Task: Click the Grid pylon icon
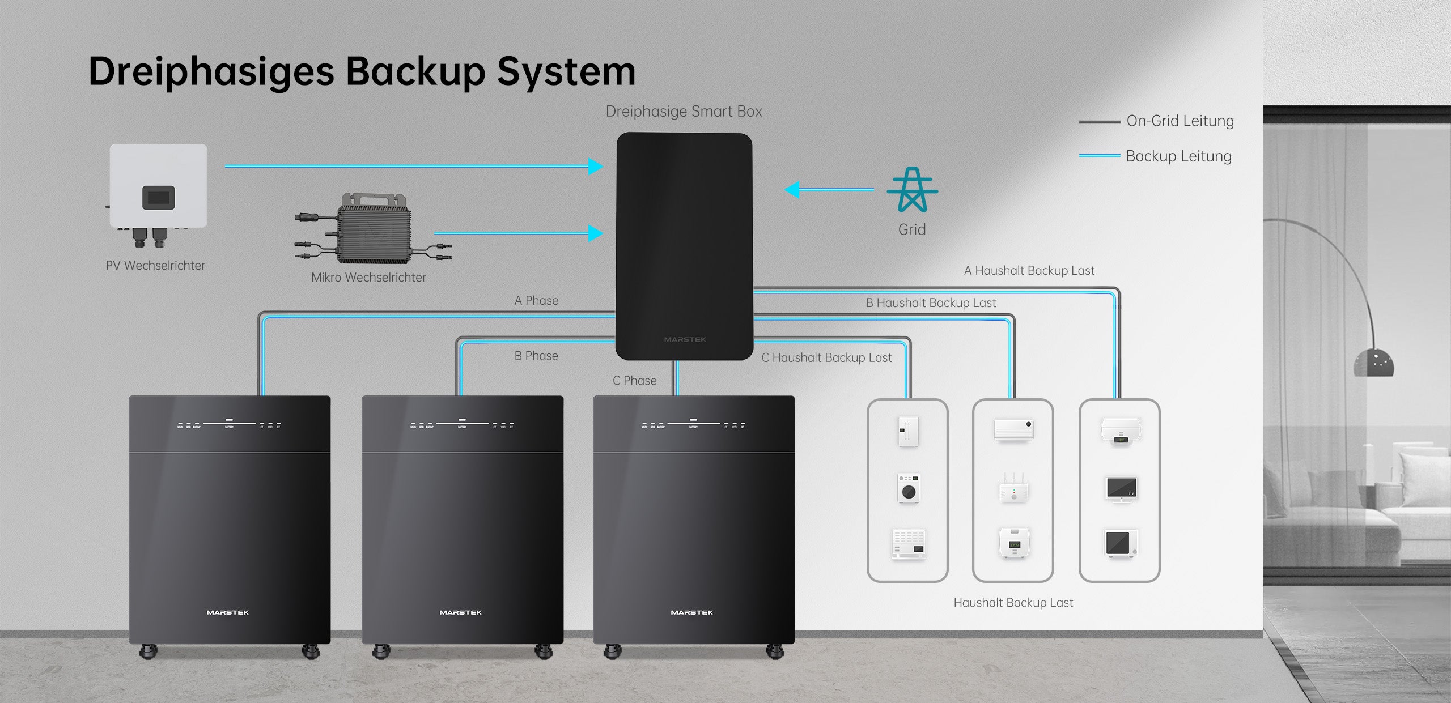[912, 190]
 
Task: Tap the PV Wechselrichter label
[155, 265]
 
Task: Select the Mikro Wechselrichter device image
[374, 229]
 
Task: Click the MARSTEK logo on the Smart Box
[685, 339]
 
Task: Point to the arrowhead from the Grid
[792, 190]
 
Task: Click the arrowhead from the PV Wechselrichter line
[595, 167]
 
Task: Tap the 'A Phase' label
[536, 301]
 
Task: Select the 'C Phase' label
[634, 381]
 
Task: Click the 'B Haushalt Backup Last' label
[931, 303]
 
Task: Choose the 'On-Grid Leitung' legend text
[1180, 121]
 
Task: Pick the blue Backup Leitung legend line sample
[1099, 156]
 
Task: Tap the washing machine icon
[909, 488]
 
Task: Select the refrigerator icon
[908, 432]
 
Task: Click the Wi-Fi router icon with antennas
[1013, 488]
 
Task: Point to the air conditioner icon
[1013, 429]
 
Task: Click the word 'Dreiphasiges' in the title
[211, 73]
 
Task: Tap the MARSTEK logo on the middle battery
[460, 612]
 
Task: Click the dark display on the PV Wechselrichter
[158, 198]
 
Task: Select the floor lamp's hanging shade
[1373, 363]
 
